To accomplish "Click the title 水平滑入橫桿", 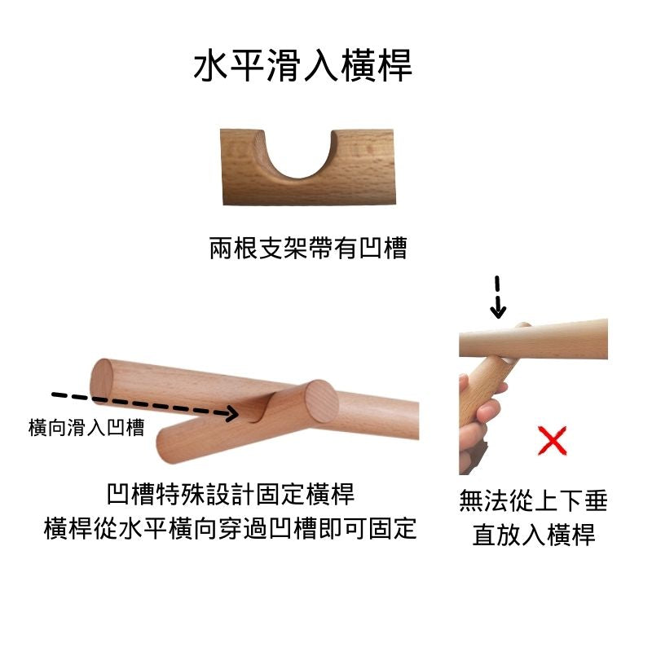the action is [302, 66].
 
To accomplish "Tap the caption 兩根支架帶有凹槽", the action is [308, 249].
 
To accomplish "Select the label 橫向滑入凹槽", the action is [86, 427].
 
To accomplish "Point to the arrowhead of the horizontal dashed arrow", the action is [231, 413].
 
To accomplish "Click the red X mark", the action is [553, 440].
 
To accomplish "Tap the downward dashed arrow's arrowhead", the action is [498, 311].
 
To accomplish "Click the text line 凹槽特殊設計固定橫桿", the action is [231, 494].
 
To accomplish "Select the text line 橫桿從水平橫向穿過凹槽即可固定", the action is [230, 528].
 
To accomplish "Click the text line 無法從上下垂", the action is [534, 500].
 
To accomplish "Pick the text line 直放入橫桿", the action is [534, 535].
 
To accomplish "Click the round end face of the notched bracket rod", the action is [321, 401].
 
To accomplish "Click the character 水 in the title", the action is [211, 66].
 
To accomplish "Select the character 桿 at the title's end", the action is [395, 66].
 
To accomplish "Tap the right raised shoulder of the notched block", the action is [363, 139].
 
